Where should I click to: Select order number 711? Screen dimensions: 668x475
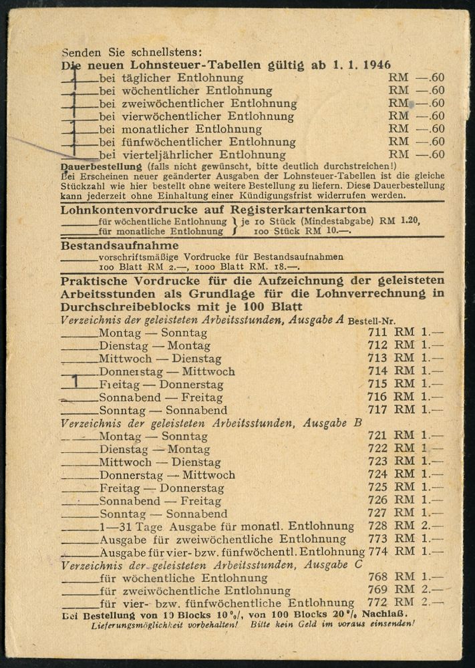point(377,333)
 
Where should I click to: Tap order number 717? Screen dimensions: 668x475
point(377,409)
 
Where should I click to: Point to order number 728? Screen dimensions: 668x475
point(377,526)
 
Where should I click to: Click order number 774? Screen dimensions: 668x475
point(378,552)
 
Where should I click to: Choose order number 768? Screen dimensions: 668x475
point(377,577)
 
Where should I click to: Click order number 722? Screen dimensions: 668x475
point(377,449)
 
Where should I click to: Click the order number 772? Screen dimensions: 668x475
point(377,603)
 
